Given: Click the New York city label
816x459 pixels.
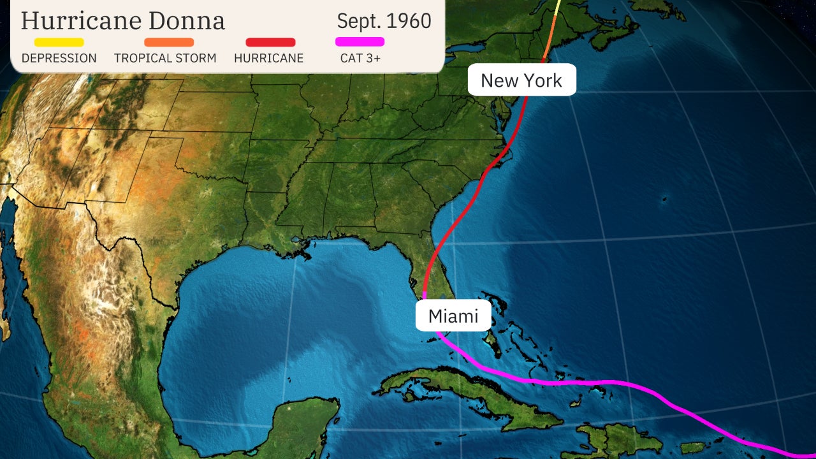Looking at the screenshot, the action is pos(521,80).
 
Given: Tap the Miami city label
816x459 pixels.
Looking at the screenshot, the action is pos(453,316).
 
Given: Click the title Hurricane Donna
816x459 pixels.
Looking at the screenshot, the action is pos(122,20).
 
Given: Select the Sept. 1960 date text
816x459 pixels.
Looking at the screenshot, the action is pos(384,20).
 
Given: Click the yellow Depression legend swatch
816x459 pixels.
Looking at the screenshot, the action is pos(59,42).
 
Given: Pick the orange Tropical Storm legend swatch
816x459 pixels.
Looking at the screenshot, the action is pos(169,42).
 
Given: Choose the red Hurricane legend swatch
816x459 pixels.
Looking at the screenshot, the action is pos(270,42).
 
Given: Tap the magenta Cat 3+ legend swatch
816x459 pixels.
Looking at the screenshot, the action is pos(360,42).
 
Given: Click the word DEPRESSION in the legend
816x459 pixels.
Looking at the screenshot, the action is pos(59,58).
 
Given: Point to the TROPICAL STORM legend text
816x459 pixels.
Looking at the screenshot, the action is pos(165,58).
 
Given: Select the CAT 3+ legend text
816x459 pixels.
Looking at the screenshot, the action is pos(361,58).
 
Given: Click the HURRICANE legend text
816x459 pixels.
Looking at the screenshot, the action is pos(268,58).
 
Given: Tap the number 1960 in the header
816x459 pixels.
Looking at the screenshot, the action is pos(409,20).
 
